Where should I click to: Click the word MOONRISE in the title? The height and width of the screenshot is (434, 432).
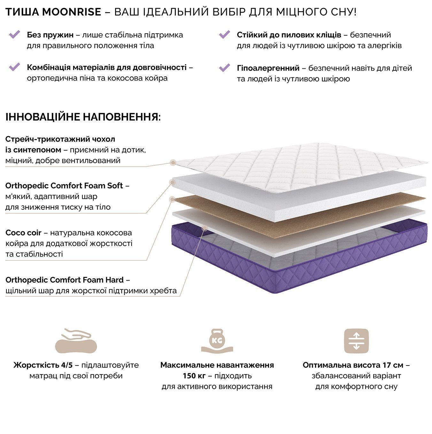point(72,12)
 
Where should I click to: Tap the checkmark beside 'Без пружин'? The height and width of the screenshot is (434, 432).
point(15,35)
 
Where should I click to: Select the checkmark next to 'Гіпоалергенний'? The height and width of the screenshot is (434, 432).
point(224,67)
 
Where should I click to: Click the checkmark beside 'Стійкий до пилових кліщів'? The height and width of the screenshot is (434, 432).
point(224,35)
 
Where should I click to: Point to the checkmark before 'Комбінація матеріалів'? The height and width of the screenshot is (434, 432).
point(15,67)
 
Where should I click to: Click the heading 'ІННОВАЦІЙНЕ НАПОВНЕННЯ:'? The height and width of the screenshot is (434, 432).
point(83,117)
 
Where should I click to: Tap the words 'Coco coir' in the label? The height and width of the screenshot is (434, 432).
point(23,233)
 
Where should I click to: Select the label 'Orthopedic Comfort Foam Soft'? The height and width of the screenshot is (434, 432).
point(64,185)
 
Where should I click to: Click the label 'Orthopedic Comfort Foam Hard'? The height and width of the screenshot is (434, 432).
point(65,280)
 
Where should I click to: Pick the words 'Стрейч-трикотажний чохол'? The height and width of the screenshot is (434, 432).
point(60,139)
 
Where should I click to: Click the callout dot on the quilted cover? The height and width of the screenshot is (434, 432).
point(173,162)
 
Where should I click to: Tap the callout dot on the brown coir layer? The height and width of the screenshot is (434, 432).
point(173,199)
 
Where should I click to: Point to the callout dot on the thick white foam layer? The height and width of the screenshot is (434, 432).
point(173,182)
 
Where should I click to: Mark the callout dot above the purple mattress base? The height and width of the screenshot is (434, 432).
point(204,228)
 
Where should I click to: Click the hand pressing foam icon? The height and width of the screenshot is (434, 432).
point(76,341)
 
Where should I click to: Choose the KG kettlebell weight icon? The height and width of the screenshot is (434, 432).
point(217,341)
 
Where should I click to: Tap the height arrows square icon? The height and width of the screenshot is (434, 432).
point(356,341)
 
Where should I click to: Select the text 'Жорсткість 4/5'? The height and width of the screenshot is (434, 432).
point(43,365)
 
